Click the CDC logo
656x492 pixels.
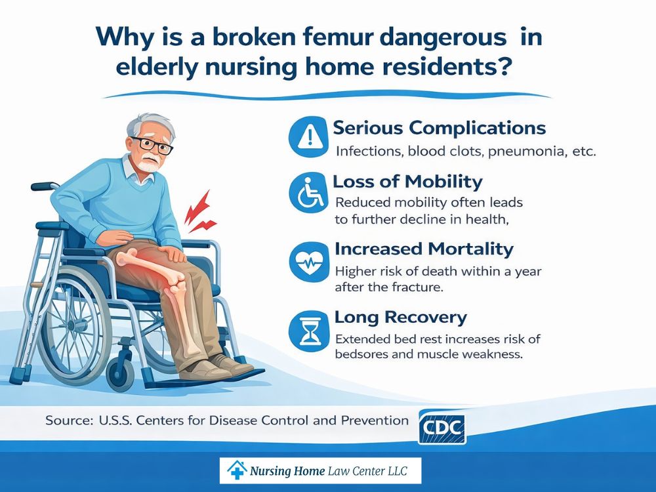441,428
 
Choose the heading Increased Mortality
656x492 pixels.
424,249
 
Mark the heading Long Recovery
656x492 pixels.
400,318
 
